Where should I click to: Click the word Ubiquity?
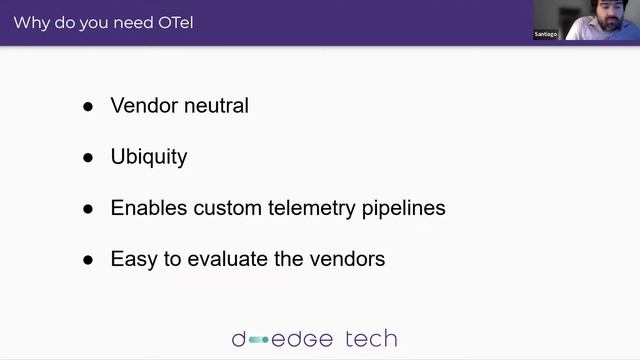[149, 157]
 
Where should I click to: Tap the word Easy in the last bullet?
[133, 259]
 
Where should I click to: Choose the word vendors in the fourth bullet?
[346, 259]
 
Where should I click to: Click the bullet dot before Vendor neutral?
[89, 106]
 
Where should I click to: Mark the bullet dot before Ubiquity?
[89, 158]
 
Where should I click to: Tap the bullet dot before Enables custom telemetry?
[89, 209]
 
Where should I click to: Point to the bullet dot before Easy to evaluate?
[89, 260]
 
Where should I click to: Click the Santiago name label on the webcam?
[547, 34]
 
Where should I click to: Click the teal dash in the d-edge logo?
[259, 340]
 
